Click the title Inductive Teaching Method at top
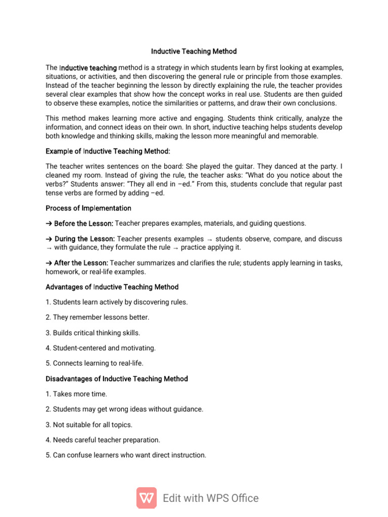point(194,51)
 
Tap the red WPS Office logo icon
point(147,498)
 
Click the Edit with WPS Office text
point(211,498)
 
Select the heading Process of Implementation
point(88,208)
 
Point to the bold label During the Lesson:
point(80,238)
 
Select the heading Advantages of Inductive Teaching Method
point(112,287)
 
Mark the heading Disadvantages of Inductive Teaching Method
point(117,379)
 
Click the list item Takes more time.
point(76,394)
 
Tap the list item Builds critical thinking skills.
point(93,333)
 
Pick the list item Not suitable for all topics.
point(89,425)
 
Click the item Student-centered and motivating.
point(101,348)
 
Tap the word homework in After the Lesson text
point(61,272)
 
